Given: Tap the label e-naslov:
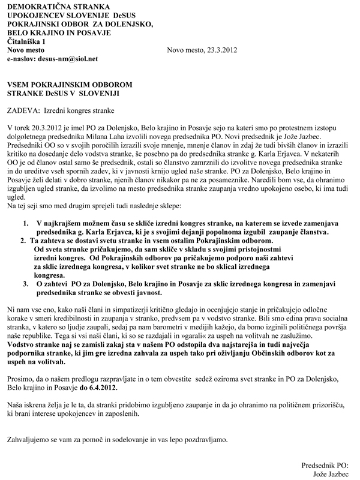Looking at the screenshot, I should click(20, 60).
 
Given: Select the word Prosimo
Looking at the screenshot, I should click(20, 380).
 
